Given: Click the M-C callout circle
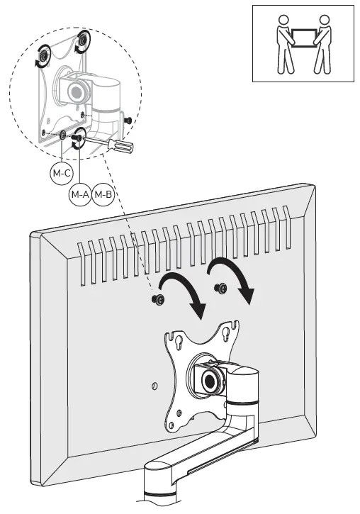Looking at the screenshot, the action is tap(62, 173).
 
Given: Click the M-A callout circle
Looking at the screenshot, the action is tap(80, 194).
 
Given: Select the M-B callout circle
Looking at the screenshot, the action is tap(103, 194).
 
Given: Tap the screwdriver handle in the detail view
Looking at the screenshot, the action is tap(121, 147).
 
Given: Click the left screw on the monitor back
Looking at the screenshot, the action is tap(158, 299).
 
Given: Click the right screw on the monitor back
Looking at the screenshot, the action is tap(220, 288).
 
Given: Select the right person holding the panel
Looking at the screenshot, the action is tap(322, 44).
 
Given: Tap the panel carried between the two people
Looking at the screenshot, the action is tap(303, 38).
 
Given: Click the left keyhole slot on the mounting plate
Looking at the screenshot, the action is tap(179, 343).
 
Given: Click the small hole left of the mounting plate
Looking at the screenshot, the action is tap(154, 386).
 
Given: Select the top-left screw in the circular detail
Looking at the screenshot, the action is tap(43, 57).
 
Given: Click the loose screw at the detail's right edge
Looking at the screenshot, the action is tap(128, 121).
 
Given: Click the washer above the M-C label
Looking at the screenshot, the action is tap(62, 135).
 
